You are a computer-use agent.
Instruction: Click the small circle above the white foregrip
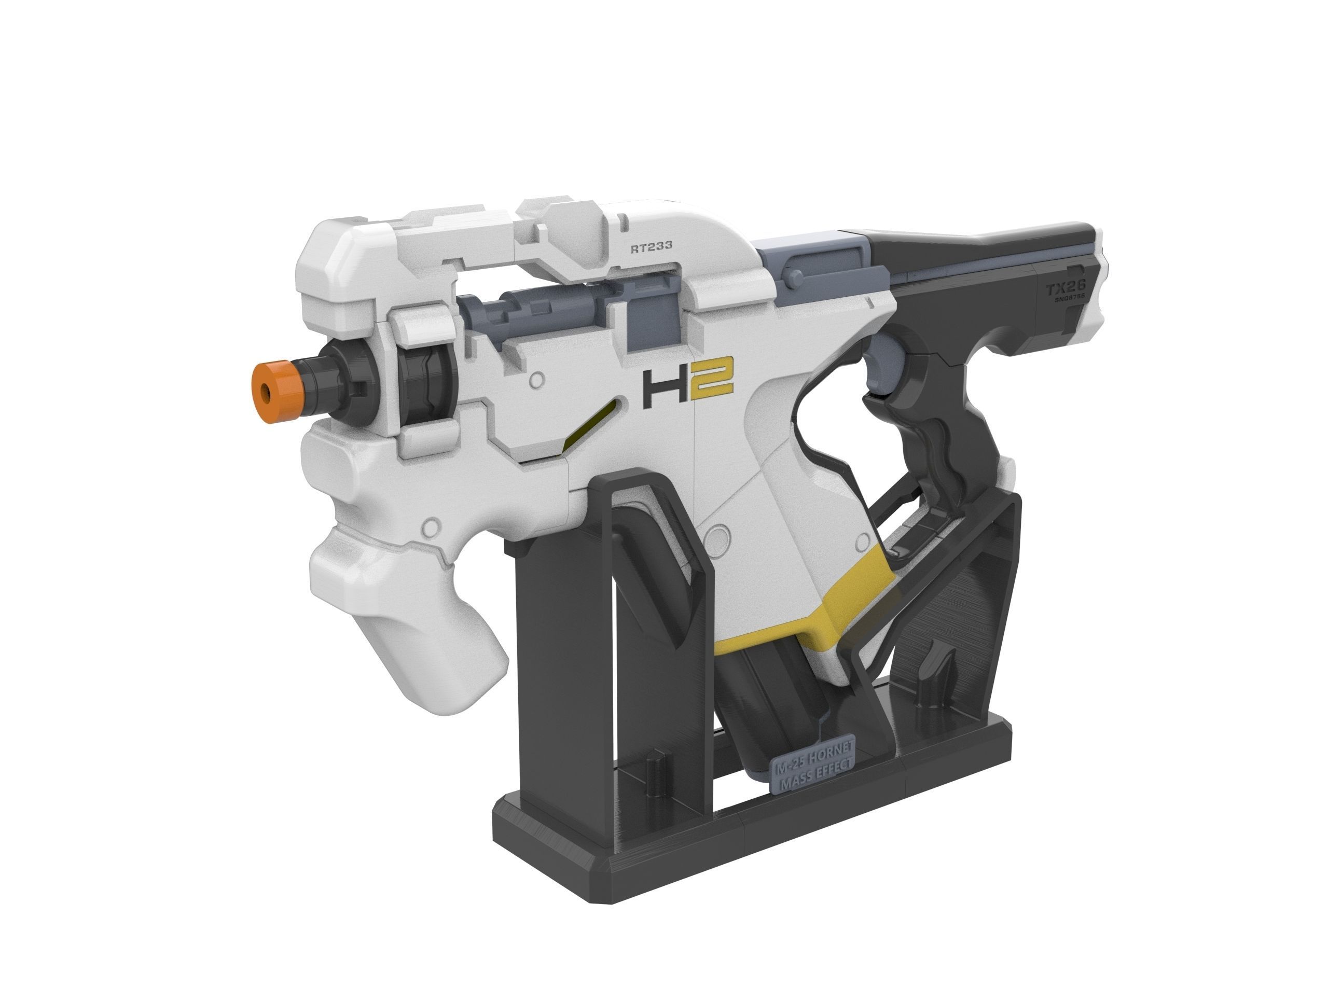(x=428, y=526)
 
